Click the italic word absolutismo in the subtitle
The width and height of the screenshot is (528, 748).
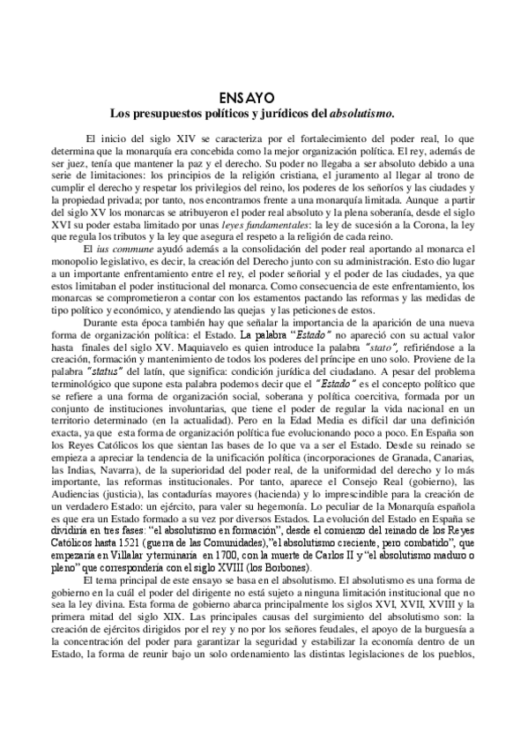coord(361,113)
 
